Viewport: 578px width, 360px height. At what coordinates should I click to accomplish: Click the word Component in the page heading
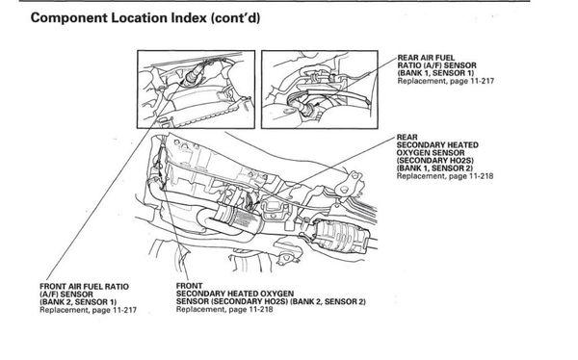coord(68,18)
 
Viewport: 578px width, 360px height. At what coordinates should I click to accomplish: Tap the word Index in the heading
coord(189,17)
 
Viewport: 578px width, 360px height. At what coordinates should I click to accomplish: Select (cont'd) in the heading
coord(236,18)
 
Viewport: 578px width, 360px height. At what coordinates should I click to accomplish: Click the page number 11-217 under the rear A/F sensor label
coord(482,81)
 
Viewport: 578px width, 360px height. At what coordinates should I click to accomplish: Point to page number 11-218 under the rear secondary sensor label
coord(481,176)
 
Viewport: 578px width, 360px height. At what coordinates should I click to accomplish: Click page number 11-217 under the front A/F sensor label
coord(124,310)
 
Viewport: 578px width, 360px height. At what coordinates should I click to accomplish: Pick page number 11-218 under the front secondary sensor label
coord(261,310)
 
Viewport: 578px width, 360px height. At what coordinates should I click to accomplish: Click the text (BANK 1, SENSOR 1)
coord(435,73)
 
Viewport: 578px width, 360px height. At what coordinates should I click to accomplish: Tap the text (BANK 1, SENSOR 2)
coord(435,168)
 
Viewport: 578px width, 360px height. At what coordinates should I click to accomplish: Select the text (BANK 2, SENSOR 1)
coord(78,302)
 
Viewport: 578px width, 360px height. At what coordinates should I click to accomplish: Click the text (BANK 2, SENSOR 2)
coord(328,302)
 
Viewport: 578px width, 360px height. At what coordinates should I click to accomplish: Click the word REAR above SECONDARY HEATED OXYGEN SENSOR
coord(407,137)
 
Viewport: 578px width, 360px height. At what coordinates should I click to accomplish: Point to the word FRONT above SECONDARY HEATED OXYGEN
coord(189,286)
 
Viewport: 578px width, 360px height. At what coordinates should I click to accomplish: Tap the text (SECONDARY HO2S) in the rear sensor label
coord(435,161)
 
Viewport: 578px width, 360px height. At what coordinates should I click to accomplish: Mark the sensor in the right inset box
coord(308,108)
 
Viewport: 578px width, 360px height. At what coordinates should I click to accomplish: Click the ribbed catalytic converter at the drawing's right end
coord(339,236)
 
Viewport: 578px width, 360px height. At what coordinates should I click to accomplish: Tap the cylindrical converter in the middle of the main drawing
coord(239,220)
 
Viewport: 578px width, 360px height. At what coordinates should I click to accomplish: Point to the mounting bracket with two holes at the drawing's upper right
coord(349,183)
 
